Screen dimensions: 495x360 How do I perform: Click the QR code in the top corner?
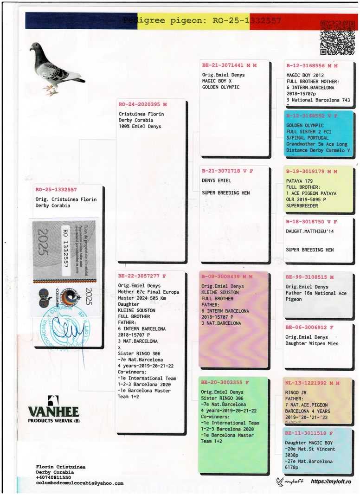coord(337,38)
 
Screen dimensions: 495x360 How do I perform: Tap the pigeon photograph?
coord(56,68)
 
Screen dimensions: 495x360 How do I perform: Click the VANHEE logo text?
coord(53,411)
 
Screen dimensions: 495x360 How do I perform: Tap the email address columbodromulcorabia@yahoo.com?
coord(80,483)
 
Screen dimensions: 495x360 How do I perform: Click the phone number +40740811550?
coord(53,477)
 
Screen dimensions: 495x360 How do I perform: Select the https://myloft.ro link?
coord(331,482)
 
